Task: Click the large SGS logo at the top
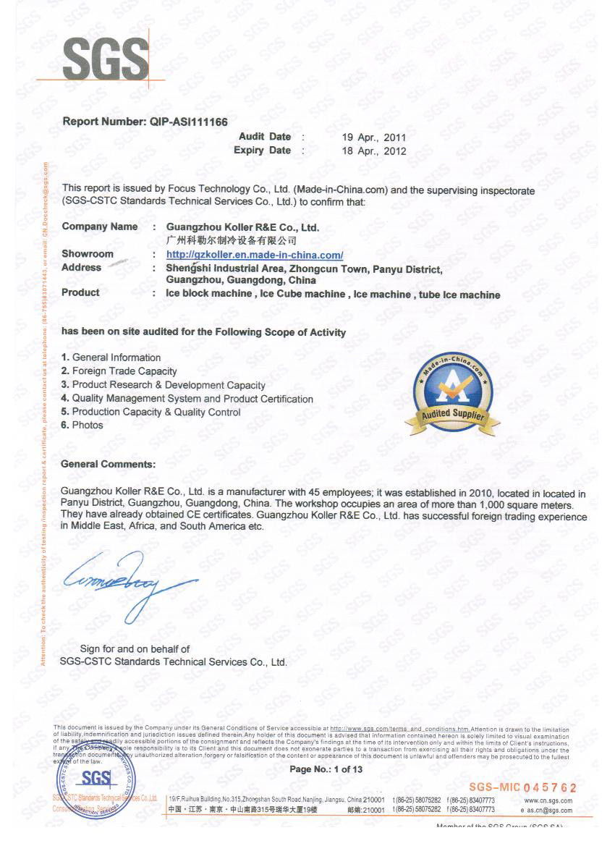(x=106, y=59)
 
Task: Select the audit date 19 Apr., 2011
(x=374, y=138)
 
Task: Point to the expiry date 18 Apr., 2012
(x=374, y=151)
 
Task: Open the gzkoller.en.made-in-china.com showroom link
(x=255, y=255)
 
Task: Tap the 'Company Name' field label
(x=100, y=227)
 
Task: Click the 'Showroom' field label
(x=88, y=254)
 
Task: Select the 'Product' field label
(x=80, y=293)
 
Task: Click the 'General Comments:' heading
(x=109, y=464)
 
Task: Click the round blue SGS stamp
(x=96, y=782)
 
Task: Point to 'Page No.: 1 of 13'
(x=326, y=769)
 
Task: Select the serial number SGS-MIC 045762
(x=522, y=787)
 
